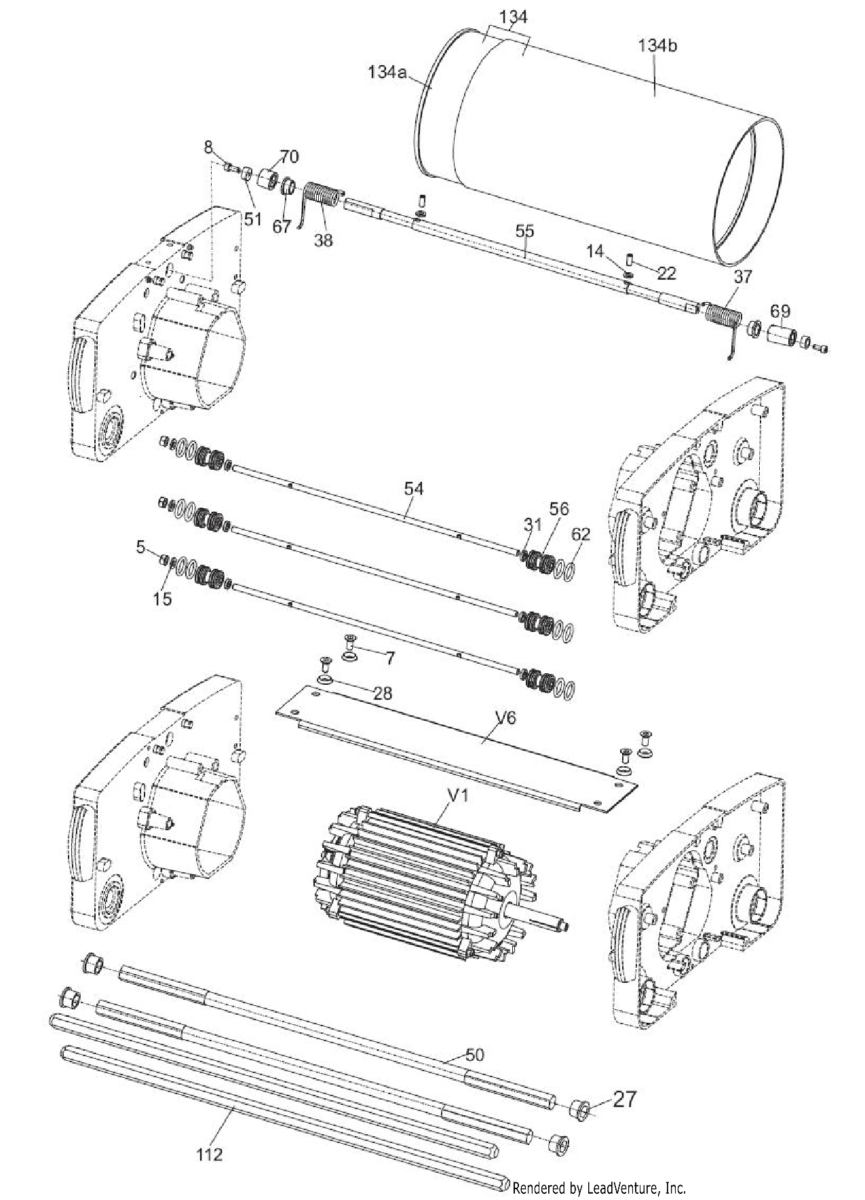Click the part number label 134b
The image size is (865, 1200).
[x=657, y=46]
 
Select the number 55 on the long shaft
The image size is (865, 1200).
[x=524, y=231]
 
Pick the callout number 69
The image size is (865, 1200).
[x=780, y=312]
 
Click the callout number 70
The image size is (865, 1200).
[x=289, y=157]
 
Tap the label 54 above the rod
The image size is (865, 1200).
[x=414, y=488]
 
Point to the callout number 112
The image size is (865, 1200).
[x=210, y=1154]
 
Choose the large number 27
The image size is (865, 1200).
[x=624, y=1099]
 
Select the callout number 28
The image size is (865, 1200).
[x=382, y=692]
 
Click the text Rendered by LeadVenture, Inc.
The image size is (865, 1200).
[x=599, y=1188]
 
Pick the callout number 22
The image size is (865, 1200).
[x=666, y=273]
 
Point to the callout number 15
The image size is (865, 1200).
[x=163, y=599]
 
